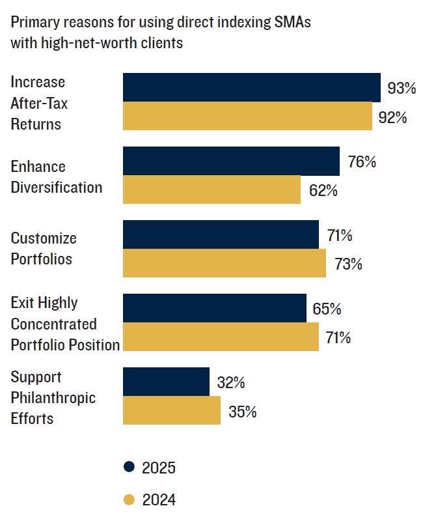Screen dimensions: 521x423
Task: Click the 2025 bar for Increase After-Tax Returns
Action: coord(252,87)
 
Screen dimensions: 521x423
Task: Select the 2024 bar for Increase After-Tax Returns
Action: coord(247,116)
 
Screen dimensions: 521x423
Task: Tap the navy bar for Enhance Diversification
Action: coord(231,161)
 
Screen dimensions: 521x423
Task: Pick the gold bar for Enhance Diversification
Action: coord(211,190)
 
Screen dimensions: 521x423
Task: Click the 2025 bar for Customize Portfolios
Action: coord(221,234)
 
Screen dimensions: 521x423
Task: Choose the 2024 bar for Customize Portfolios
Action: coord(224,263)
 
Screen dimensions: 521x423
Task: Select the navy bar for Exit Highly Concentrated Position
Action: coord(215,308)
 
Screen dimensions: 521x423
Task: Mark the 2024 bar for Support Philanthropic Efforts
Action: coord(172,410)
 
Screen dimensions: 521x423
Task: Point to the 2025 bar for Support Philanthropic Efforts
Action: coord(166,382)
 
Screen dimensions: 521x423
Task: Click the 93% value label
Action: coord(402,88)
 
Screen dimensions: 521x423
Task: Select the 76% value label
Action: coord(362,162)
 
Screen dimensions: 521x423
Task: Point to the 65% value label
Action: coord(327,309)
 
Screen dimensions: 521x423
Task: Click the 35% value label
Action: coord(242,412)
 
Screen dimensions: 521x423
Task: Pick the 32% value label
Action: coord(230,382)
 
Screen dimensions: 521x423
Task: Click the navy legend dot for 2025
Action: coord(129,467)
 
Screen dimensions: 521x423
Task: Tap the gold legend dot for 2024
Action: coord(129,500)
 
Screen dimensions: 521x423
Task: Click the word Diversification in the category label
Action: coord(57,188)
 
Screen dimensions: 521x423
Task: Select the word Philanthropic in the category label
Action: coord(53,397)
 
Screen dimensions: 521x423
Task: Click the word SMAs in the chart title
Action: coord(293,22)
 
